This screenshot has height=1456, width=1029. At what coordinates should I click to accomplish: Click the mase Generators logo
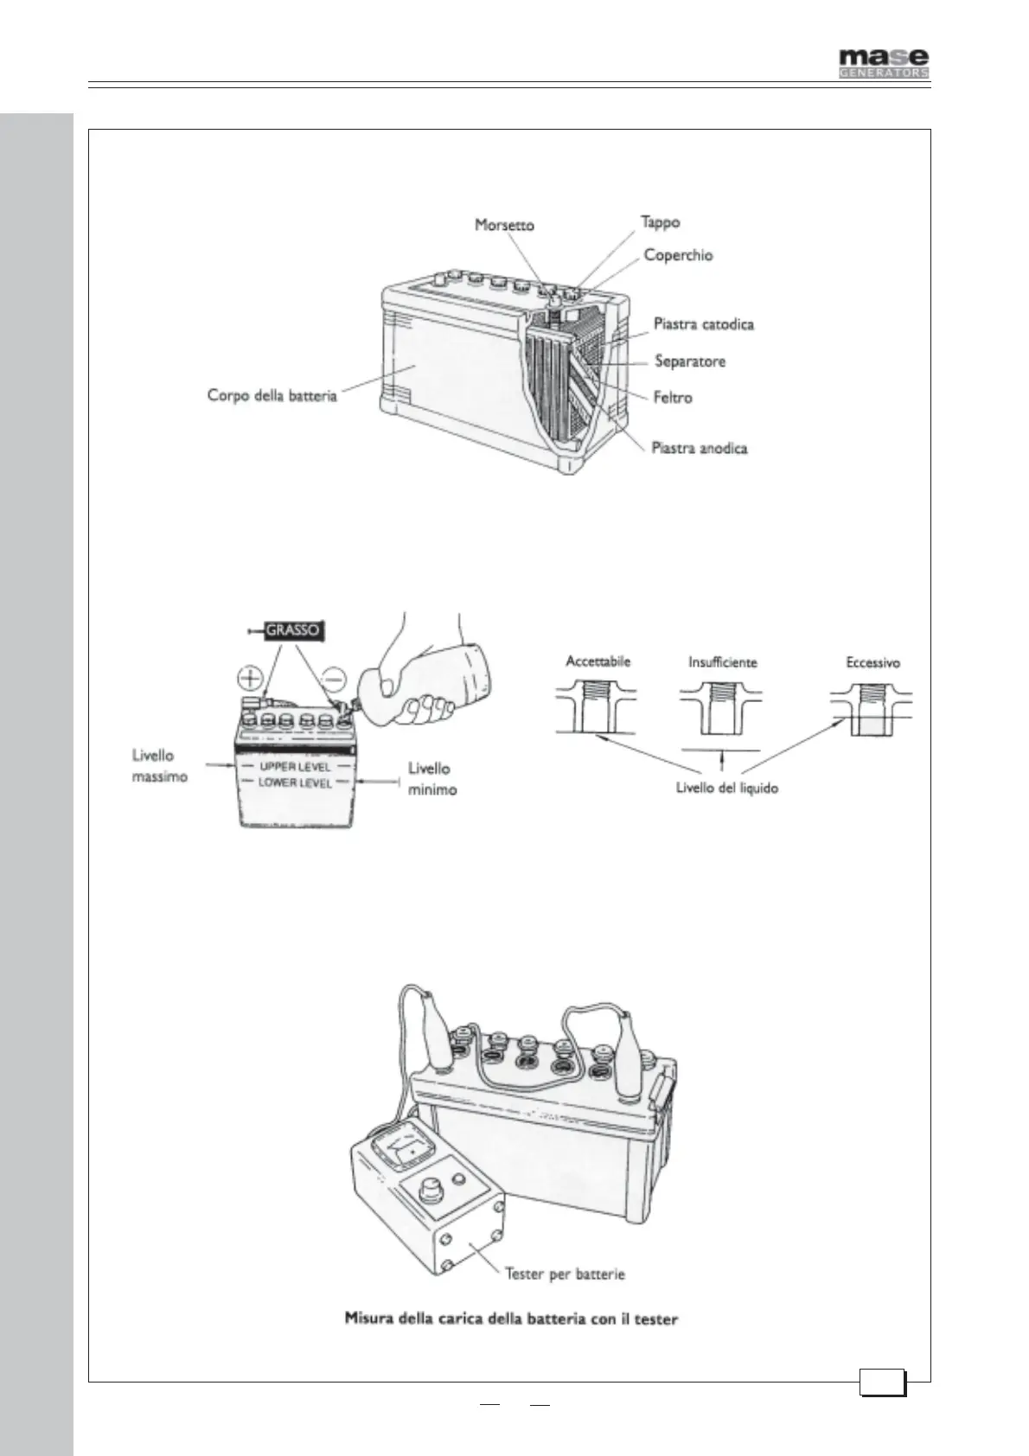coord(884,62)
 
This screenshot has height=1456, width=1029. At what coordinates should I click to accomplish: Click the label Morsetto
coord(504,226)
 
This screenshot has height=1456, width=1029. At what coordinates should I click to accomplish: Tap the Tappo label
coord(660,222)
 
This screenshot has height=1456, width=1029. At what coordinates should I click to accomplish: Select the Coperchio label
coord(678,256)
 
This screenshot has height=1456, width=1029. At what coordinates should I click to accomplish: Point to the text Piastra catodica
coord(703,324)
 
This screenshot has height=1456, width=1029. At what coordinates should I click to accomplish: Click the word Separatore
coord(689,361)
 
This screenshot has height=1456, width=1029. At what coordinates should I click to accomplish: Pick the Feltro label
coord(672,398)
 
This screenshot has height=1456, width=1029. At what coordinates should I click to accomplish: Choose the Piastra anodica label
coord(699,449)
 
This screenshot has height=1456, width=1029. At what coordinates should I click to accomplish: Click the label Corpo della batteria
coord(272,396)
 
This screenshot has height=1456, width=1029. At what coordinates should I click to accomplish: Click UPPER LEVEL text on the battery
coord(295,767)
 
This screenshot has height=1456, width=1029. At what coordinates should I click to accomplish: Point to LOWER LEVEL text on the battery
coord(295,782)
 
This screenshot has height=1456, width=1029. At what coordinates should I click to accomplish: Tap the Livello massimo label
coord(159,766)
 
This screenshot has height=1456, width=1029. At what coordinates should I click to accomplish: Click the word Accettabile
coord(598,661)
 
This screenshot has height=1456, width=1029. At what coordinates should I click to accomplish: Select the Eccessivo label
coord(872,663)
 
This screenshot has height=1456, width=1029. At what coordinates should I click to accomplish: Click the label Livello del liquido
coord(726,789)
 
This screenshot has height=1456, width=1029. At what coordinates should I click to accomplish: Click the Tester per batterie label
coord(565,1274)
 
